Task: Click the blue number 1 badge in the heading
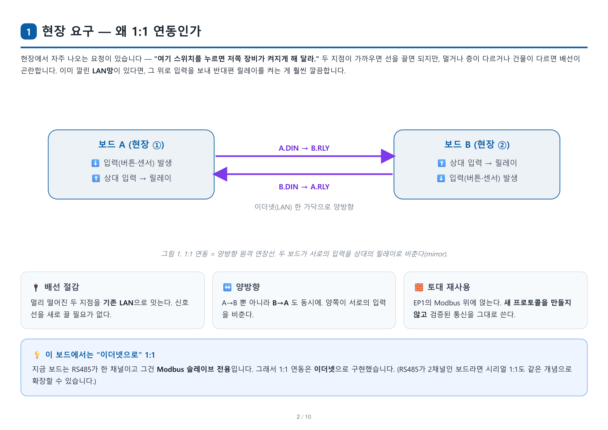tap(29, 31)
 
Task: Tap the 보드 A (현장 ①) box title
tap(131, 145)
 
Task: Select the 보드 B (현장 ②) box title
tap(477, 145)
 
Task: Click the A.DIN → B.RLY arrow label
tap(304, 148)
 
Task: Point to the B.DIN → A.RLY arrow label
tap(304, 186)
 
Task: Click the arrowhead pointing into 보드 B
tap(388, 156)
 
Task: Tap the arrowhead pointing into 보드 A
tap(220, 174)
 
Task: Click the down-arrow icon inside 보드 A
tap(95, 163)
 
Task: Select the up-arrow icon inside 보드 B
tap(442, 163)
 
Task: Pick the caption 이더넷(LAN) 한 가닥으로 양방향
tap(304, 207)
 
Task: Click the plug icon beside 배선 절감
tap(36, 287)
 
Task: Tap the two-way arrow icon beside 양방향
tap(227, 287)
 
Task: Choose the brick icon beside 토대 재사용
tap(419, 287)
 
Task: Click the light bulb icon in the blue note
tap(37, 354)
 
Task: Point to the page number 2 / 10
tap(304, 417)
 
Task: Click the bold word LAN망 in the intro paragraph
tap(103, 70)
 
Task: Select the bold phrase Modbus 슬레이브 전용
tap(194, 369)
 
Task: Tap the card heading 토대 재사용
tap(449, 287)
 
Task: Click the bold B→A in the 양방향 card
tap(281, 302)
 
